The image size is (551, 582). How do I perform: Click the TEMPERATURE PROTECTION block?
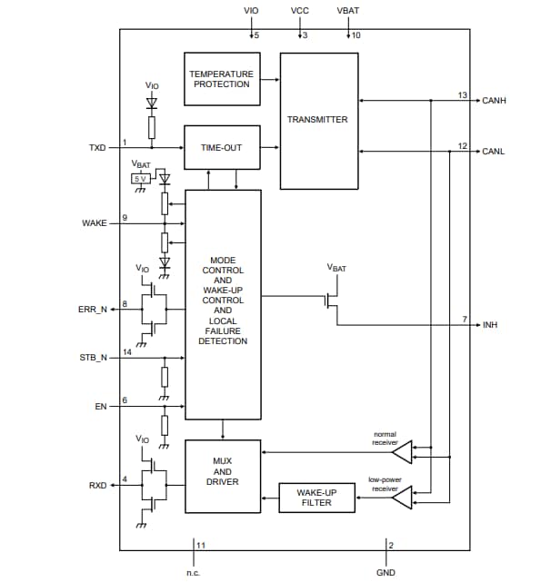(222, 79)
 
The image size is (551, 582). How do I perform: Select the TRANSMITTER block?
(316, 120)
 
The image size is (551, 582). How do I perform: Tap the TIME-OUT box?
(222, 147)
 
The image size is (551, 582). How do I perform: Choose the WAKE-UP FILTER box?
(316, 497)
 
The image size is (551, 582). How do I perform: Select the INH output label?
(491, 324)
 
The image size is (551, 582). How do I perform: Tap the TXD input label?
(97, 147)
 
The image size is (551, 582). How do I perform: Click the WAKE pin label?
(95, 222)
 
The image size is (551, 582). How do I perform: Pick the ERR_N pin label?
(93, 310)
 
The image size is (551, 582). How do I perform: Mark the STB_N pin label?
(93, 358)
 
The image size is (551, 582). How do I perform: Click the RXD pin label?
(97, 486)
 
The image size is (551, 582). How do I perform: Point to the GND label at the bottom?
(386, 573)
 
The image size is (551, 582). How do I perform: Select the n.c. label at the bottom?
(193, 573)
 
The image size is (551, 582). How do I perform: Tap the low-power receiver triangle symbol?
(401, 496)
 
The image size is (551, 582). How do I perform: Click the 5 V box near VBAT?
(141, 179)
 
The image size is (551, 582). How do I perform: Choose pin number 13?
(462, 95)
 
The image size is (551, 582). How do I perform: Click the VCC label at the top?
(300, 10)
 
